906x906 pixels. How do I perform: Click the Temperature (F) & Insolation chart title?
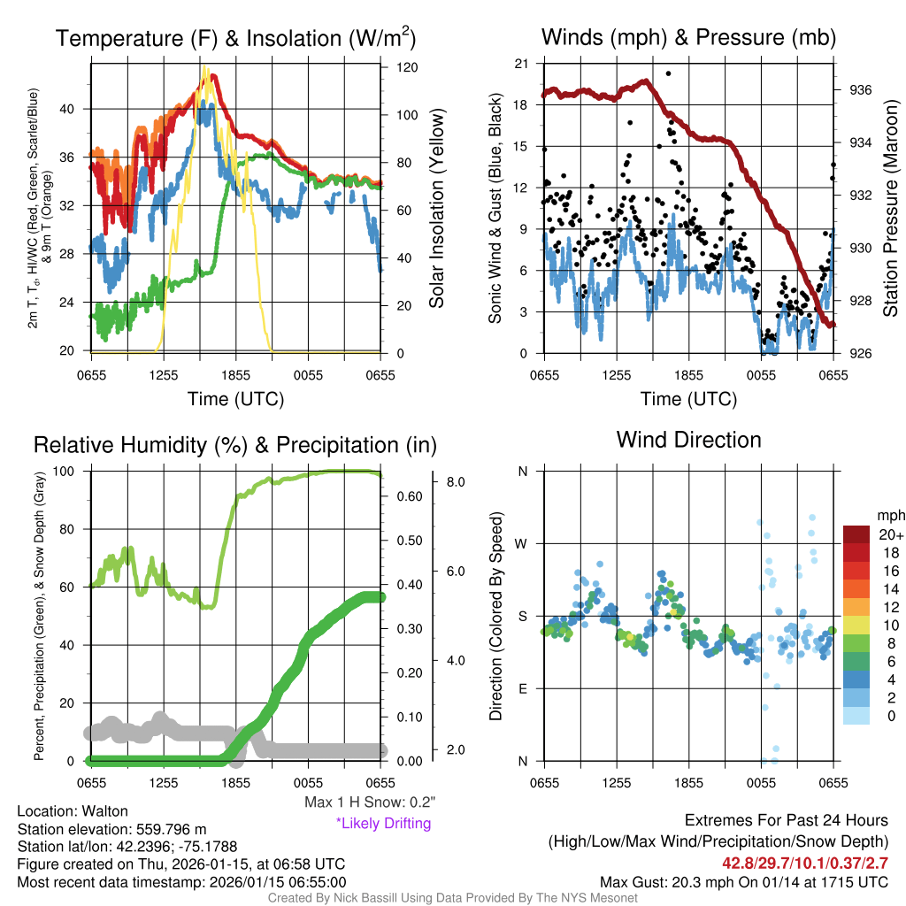point(235,38)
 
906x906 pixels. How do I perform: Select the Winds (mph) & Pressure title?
point(688,38)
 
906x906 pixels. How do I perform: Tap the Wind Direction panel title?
point(688,440)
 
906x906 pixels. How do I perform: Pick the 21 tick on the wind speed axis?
point(520,63)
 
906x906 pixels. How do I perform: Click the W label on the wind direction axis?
point(523,543)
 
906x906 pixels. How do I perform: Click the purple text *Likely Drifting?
point(383,824)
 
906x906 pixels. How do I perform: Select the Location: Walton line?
point(73,811)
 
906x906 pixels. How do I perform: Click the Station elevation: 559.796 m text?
point(112,829)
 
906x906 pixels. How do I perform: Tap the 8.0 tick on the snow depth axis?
point(455,482)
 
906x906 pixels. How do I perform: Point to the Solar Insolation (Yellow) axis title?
point(437,208)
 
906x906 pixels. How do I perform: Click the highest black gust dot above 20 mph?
point(668,74)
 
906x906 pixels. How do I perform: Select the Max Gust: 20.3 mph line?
point(743,881)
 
